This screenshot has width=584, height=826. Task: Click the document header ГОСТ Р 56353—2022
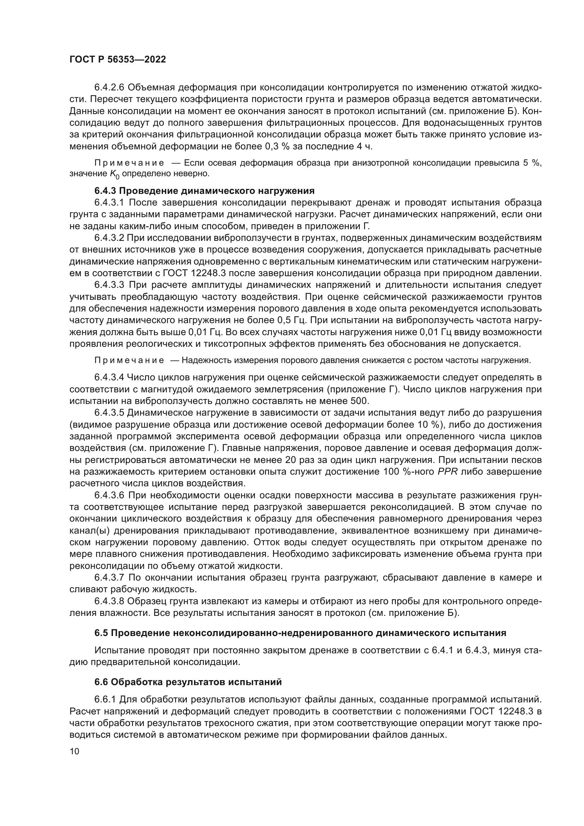click(118, 60)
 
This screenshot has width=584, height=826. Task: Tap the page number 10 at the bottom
click(75, 751)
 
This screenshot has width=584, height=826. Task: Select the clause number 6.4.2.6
click(109, 88)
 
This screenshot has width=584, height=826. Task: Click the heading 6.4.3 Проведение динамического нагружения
click(204, 191)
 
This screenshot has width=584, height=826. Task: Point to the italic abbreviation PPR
click(447, 472)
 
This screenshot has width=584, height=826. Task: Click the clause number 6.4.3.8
click(109, 601)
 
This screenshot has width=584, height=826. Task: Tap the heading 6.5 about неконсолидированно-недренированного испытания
click(300, 633)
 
